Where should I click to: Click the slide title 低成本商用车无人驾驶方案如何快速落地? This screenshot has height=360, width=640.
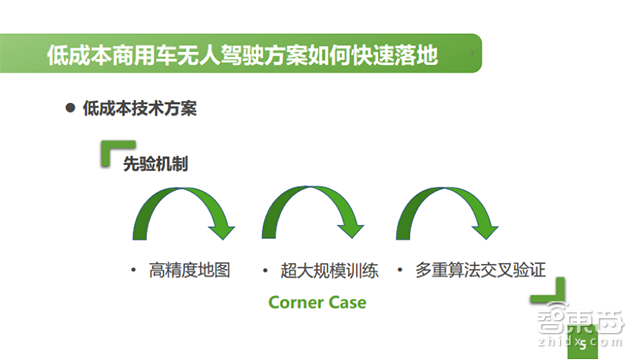[242, 55]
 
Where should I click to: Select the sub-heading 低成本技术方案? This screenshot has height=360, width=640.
[139, 109]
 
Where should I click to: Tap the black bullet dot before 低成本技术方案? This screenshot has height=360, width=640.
[70, 108]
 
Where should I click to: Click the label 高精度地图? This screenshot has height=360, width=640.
[189, 271]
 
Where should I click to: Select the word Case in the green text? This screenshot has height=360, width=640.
[347, 302]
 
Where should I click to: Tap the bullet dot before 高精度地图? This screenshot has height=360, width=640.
[132, 271]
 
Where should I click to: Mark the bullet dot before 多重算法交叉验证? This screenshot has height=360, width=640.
[400, 271]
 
